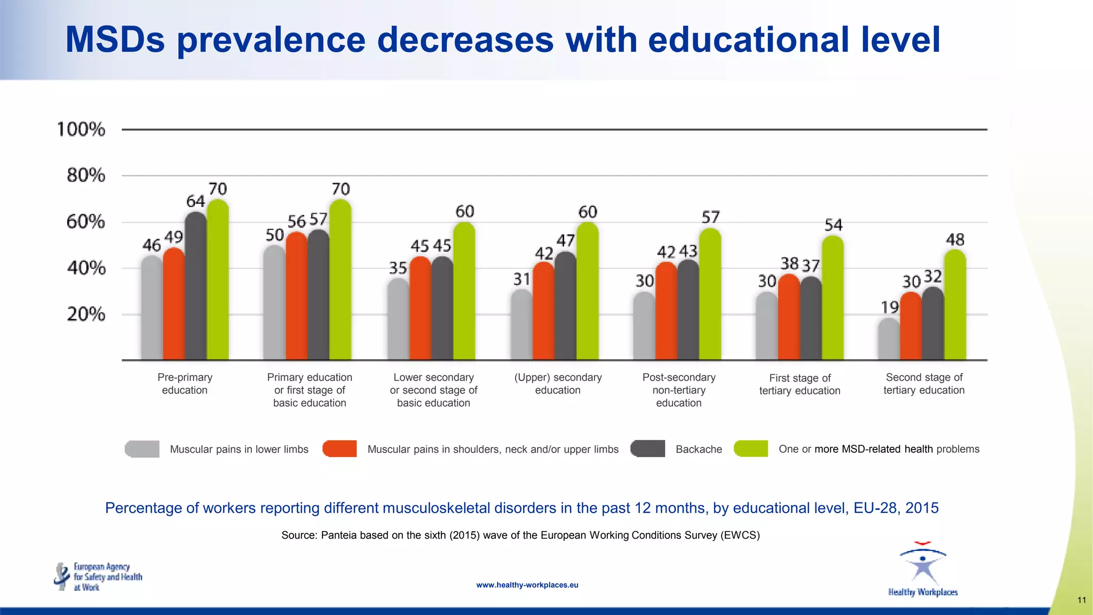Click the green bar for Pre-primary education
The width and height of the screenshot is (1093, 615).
tap(218, 280)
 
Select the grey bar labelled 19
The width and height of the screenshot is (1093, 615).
tap(889, 340)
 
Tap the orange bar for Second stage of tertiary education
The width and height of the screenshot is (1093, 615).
tap(910, 326)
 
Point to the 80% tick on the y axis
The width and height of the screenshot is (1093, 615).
tap(86, 175)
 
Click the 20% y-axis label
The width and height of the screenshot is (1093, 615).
tap(86, 314)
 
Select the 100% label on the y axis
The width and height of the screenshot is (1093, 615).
tap(81, 129)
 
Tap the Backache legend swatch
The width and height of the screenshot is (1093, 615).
tap(648, 449)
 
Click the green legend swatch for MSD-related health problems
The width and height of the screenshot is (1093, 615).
tap(751, 449)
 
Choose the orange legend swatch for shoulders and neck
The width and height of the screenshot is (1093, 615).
tap(339, 449)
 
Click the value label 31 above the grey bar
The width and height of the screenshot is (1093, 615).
tap(521, 279)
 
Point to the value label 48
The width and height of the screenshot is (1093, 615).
tap(955, 240)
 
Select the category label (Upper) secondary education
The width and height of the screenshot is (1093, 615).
tap(558, 384)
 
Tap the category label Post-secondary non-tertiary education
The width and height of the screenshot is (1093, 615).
tap(679, 390)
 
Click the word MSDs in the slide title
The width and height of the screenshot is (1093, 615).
tap(115, 40)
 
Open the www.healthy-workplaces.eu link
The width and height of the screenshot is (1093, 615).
tap(527, 585)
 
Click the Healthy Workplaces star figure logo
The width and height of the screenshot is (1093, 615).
tap(923, 566)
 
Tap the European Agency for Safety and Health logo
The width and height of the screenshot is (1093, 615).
tap(98, 577)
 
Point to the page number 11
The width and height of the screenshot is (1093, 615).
tap(1081, 600)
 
